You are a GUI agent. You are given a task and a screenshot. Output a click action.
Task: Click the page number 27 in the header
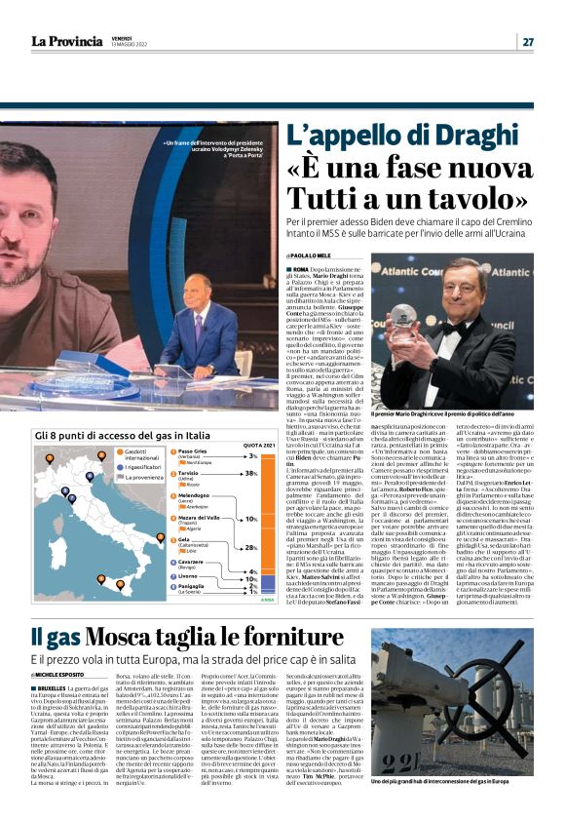(x=527, y=41)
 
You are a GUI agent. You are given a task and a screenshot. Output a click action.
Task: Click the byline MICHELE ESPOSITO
(x=64, y=647)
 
